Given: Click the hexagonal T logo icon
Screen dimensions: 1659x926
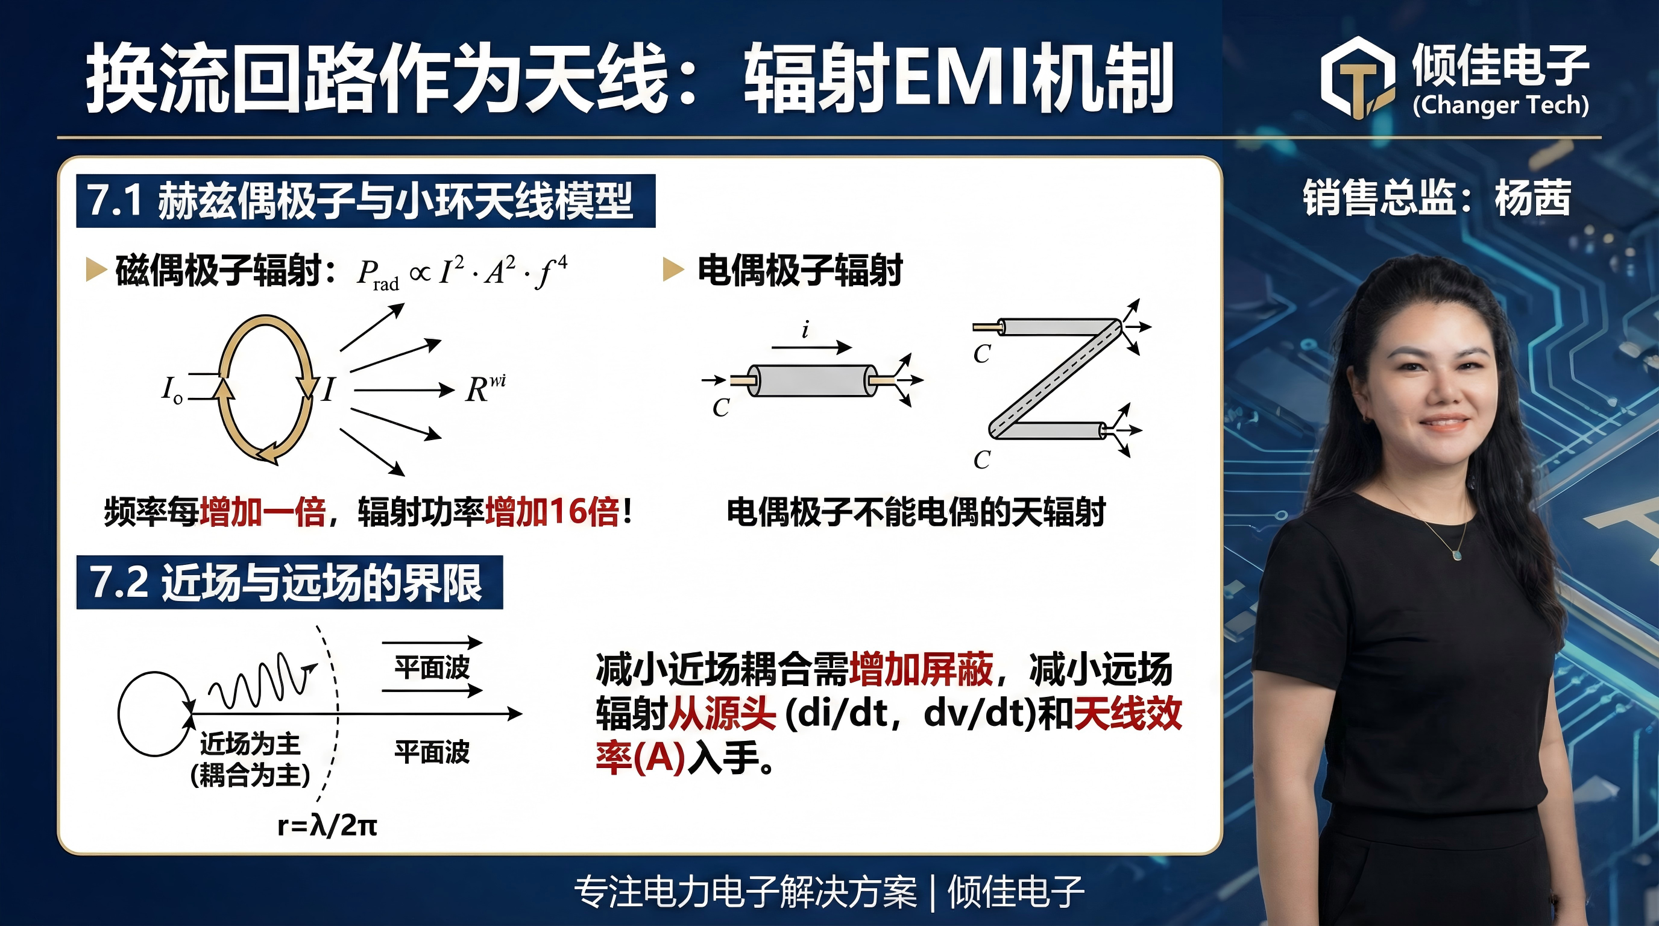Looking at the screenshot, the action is coord(1358,78).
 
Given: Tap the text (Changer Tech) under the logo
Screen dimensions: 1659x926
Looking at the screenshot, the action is coord(1500,105).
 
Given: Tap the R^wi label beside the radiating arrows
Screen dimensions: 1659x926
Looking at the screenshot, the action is coord(486,388).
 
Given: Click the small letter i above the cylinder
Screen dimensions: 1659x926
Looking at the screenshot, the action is coord(805,330).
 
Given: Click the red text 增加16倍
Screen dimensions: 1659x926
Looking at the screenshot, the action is coord(553,512).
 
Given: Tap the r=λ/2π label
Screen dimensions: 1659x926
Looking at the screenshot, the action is coord(327,825).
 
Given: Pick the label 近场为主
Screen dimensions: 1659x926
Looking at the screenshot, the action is coord(250,743).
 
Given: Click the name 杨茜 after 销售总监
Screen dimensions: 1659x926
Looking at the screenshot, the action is coord(1533,198).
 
